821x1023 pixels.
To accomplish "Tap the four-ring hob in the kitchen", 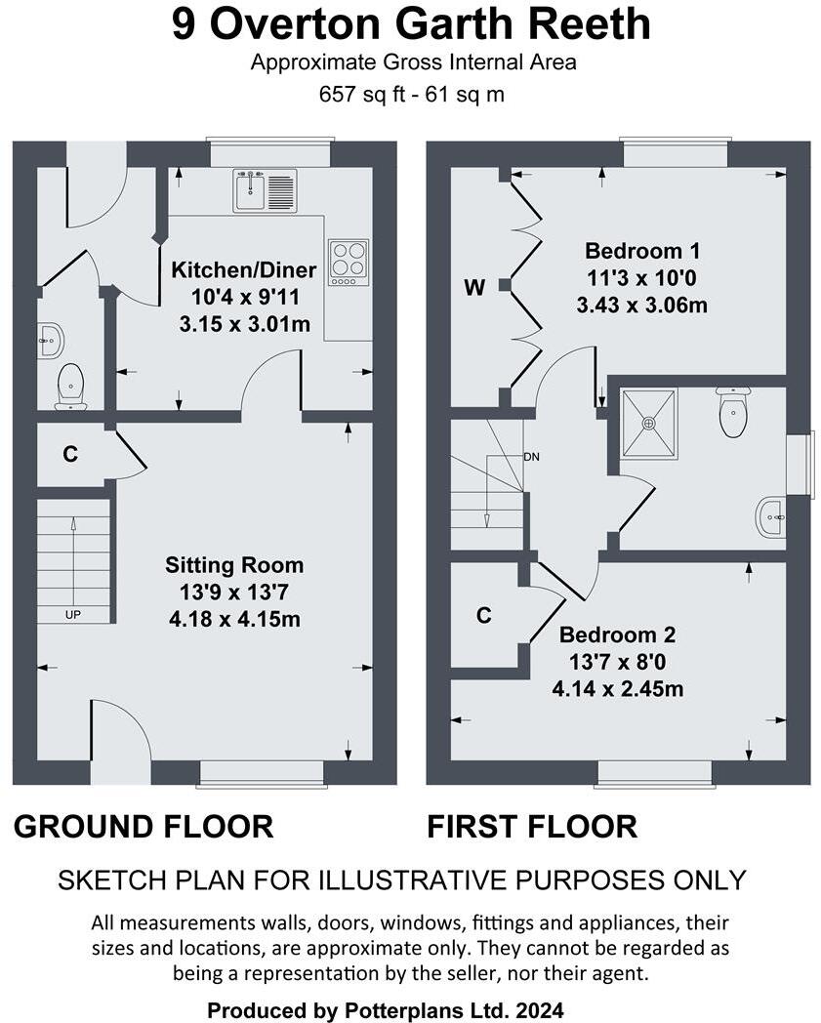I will click(x=348, y=262).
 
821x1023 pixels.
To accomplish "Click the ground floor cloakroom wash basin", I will click(x=50, y=341).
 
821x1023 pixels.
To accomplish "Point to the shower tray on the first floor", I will click(x=647, y=424).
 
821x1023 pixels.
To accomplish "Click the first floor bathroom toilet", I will click(x=732, y=412).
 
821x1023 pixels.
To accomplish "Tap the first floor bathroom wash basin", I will click(x=771, y=516).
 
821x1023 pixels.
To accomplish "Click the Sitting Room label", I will click(x=234, y=565).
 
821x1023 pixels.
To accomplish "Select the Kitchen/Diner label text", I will click(x=244, y=270).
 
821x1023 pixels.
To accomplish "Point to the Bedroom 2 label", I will click(x=617, y=635).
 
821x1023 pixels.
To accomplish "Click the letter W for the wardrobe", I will click(x=474, y=287).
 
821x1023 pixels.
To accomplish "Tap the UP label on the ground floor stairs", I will click(x=72, y=615).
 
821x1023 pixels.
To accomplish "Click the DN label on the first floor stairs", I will click(x=531, y=457).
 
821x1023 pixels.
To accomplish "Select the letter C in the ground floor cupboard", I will click(x=69, y=454).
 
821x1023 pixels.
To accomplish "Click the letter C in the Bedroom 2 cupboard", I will click(x=483, y=615).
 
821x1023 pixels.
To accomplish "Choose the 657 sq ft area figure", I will click(x=356, y=95).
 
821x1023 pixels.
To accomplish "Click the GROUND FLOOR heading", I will click(x=144, y=827).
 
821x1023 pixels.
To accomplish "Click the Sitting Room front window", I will click(x=261, y=773).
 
